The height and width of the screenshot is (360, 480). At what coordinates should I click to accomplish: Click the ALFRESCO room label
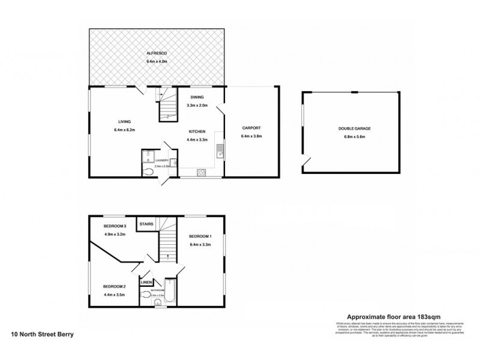(x=156, y=53)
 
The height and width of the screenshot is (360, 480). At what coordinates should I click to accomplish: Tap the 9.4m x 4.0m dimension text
(x=156, y=62)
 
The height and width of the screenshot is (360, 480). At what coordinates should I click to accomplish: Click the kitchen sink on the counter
(x=220, y=150)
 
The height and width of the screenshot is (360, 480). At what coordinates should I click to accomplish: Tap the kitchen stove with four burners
(x=202, y=173)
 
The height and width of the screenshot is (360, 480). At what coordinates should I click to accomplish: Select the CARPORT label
(x=251, y=128)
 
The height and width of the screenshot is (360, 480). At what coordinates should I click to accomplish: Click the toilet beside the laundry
(x=149, y=172)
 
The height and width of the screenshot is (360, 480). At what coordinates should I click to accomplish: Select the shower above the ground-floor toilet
(x=148, y=156)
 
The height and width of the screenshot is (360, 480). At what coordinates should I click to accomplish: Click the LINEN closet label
(x=146, y=283)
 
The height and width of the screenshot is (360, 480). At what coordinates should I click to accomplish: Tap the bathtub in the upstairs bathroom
(x=169, y=293)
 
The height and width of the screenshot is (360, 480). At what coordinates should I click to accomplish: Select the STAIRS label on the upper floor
(x=146, y=224)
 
